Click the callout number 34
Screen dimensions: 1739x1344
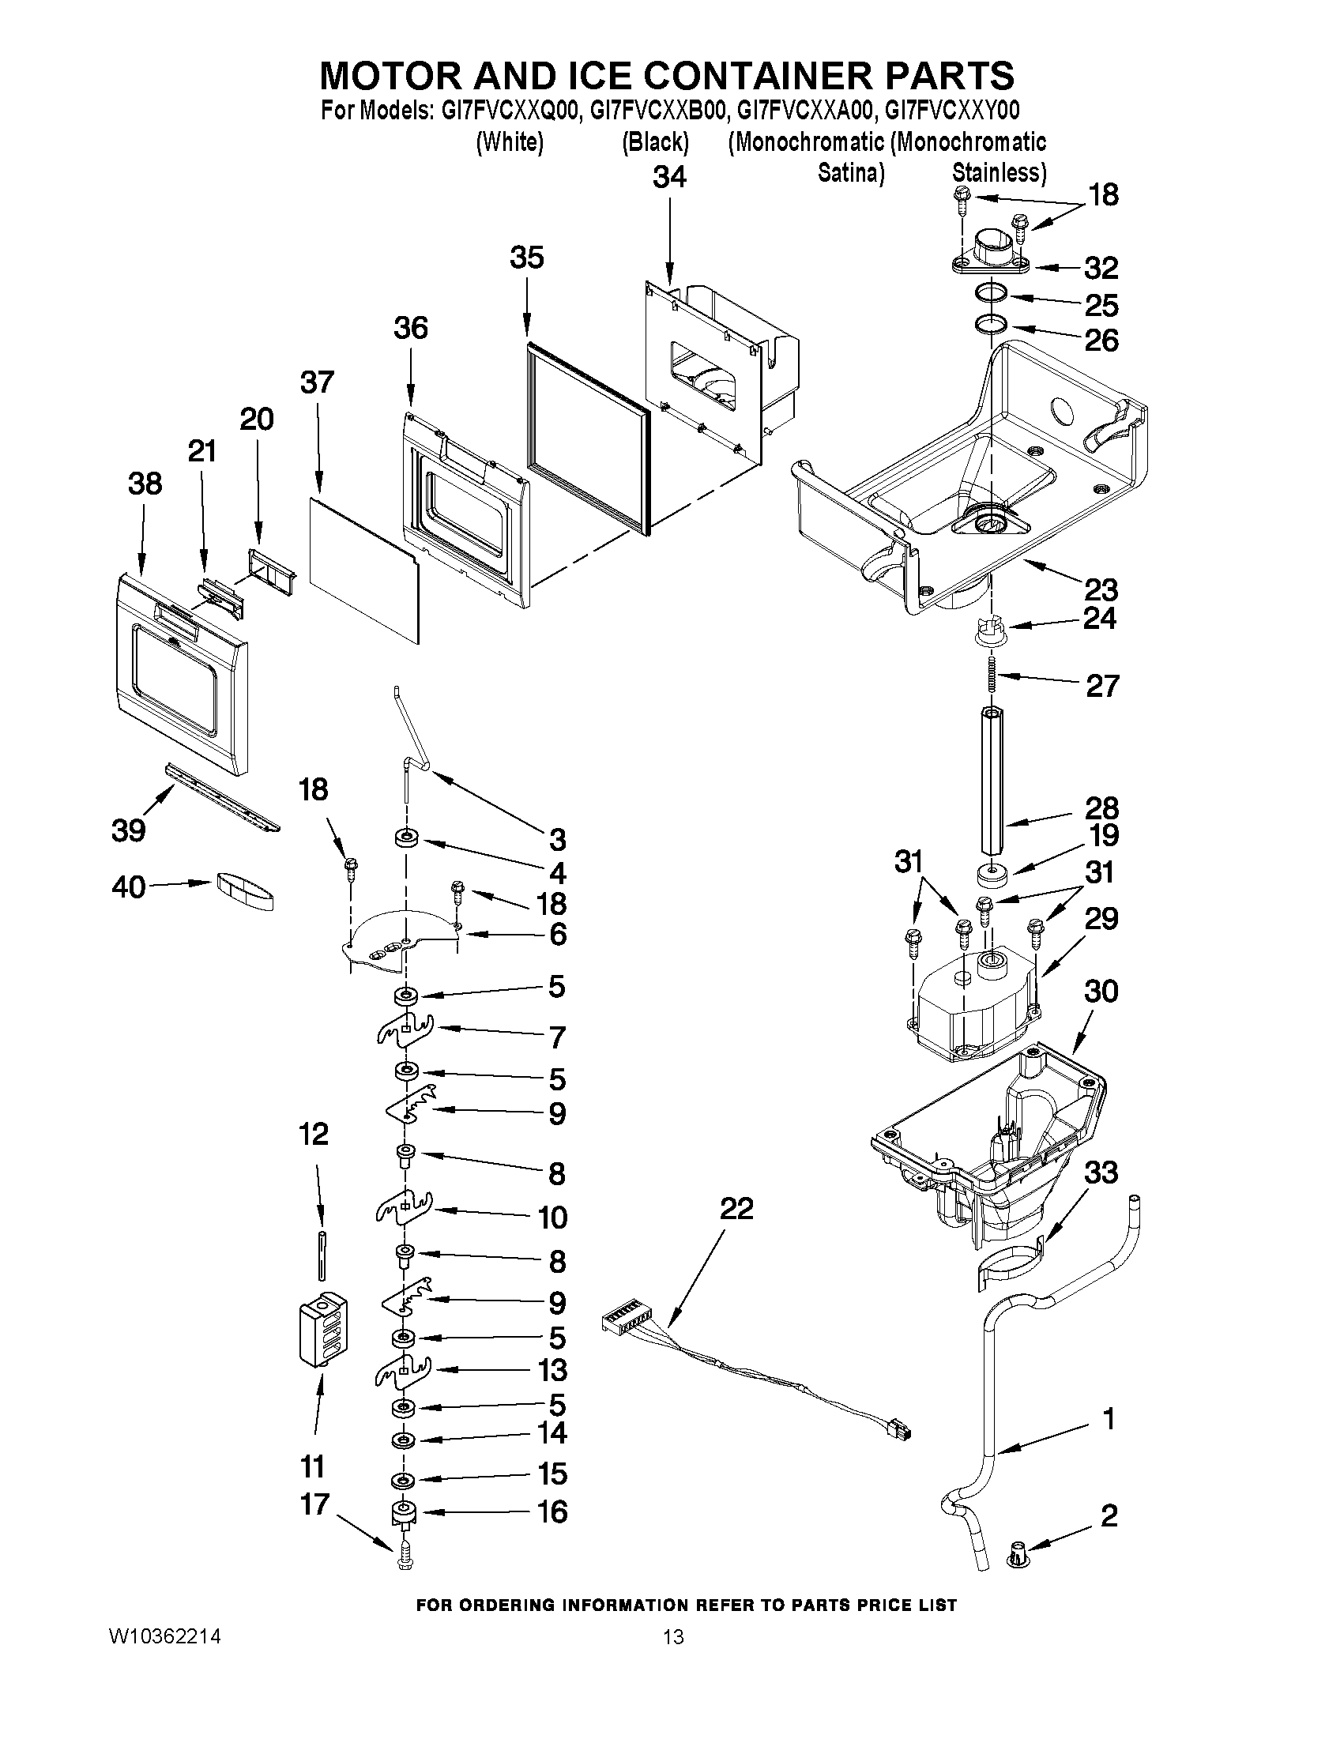click(668, 177)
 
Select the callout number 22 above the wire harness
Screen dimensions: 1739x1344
click(736, 1209)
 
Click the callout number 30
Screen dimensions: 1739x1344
click(1101, 992)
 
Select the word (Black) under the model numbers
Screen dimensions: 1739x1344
click(654, 142)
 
